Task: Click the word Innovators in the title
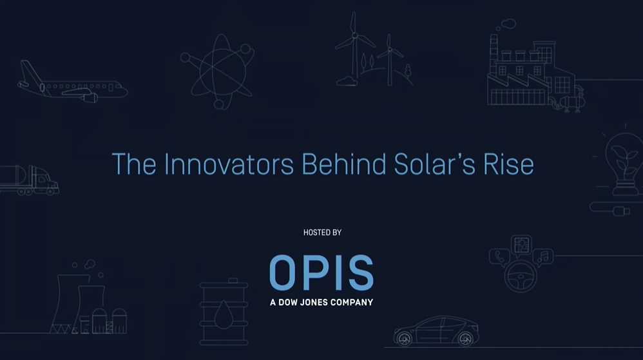[x=229, y=164]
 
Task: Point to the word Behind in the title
[x=343, y=164]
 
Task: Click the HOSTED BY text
[x=322, y=232]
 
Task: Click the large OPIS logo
[x=321, y=272]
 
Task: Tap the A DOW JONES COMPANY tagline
[x=321, y=303]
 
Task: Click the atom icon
[x=217, y=72]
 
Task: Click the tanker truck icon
[x=29, y=180]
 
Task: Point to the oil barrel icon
[x=224, y=312]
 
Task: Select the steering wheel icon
[x=521, y=276]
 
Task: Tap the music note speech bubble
[x=543, y=258]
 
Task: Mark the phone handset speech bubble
[x=499, y=258]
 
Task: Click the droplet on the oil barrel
[x=224, y=314]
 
